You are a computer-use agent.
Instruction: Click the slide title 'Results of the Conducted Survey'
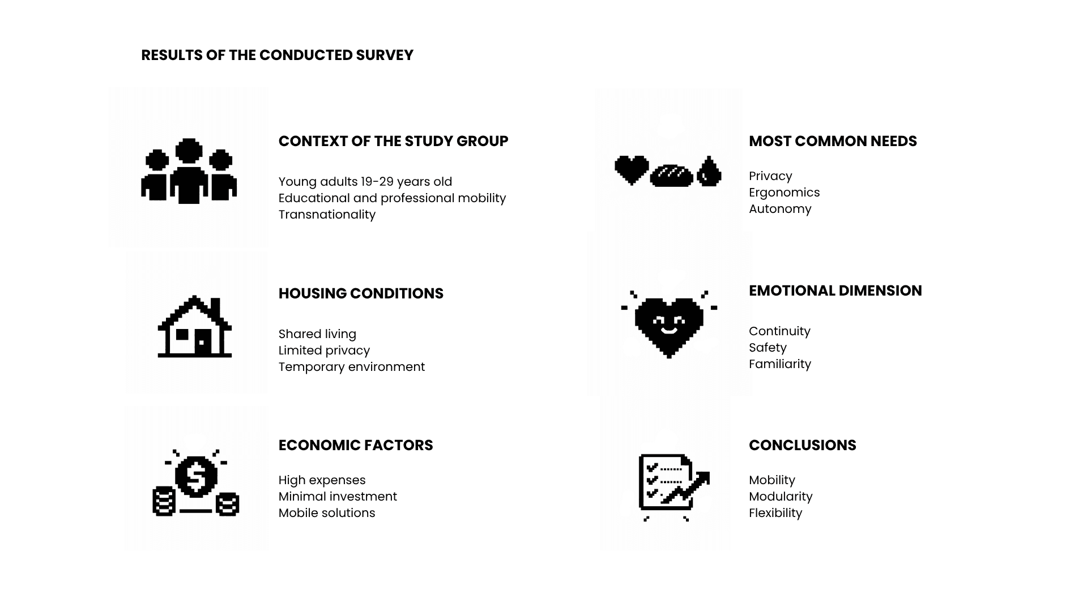(x=277, y=55)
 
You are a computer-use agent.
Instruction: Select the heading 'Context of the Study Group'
(x=393, y=141)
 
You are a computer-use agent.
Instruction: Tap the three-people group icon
(x=189, y=170)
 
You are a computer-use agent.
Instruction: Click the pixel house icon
(x=194, y=326)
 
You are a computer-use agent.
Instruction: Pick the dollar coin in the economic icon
(x=196, y=476)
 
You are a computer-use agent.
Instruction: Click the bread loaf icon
(x=671, y=176)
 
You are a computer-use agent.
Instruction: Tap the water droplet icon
(x=709, y=171)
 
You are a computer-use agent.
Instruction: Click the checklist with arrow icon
(x=673, y=486)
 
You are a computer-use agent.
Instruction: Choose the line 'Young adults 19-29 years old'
(x=365, y=182)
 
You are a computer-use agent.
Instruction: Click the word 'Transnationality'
(x=327, y=215)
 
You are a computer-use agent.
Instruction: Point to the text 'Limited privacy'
(x=324, y=351)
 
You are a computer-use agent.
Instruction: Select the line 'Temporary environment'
(x=352, y=367)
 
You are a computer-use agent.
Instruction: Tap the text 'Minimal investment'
(x=338, y=497)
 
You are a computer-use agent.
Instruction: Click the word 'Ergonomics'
(x=784, y=193)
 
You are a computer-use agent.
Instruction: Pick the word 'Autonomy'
(x=780, y=209)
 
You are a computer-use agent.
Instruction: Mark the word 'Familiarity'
(x=780, y=364)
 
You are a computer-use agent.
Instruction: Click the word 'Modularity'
(x=781, y=497)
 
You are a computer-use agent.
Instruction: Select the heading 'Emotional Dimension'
(x=836, y=290)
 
